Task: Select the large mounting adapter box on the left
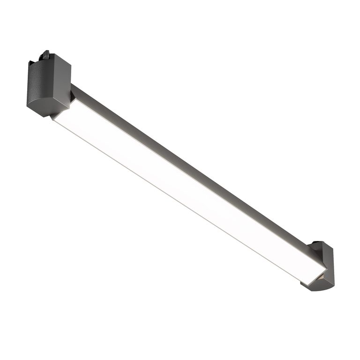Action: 48,84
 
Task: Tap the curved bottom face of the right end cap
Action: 319,283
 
